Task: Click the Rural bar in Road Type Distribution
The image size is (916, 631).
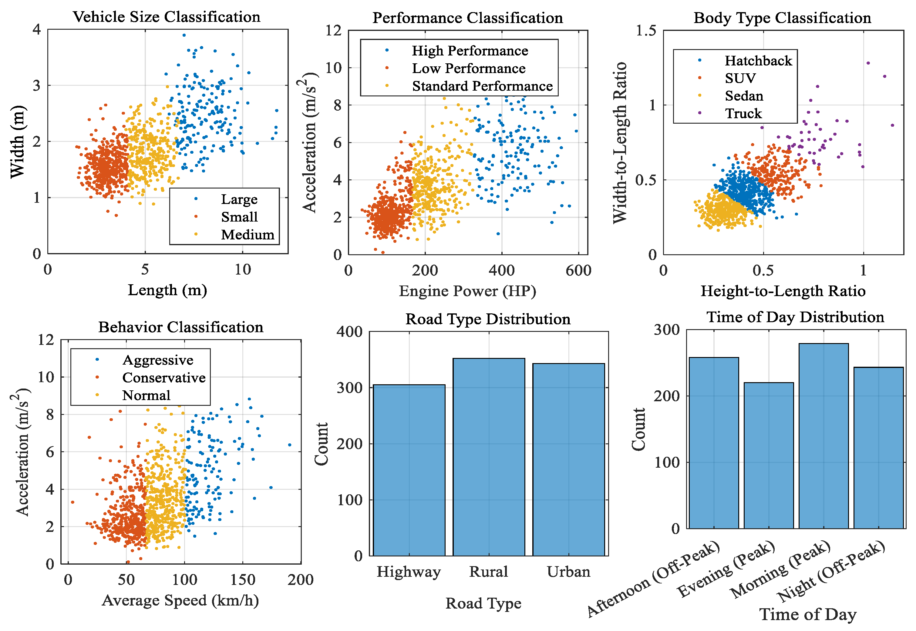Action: (489, 457)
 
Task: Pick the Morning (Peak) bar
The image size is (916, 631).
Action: (823, 436)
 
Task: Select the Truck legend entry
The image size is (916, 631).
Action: (743, 113)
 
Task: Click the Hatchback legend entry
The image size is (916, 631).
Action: (758, 61)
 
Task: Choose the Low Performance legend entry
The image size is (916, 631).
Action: (469, 68)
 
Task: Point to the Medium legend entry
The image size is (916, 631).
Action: (247, 235)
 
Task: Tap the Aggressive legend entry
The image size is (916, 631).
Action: (157, 360)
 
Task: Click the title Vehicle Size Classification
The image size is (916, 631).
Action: (167, 17)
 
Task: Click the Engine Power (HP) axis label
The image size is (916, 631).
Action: (467, 291)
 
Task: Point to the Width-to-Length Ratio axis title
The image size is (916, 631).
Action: (620, 142)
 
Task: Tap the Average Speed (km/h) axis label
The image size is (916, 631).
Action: (180, 600)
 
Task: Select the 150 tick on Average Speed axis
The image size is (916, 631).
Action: (243, 579)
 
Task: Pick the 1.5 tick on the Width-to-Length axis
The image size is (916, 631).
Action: (646, 30)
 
